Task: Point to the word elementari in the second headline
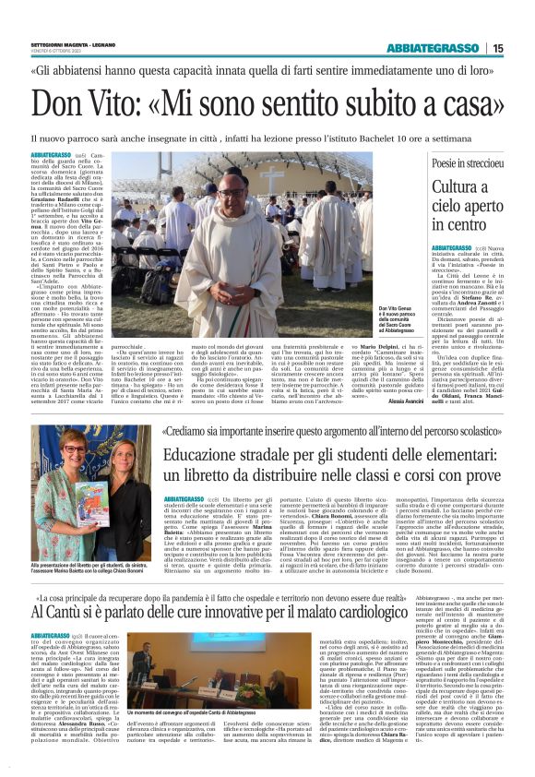[x=456, y=456]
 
